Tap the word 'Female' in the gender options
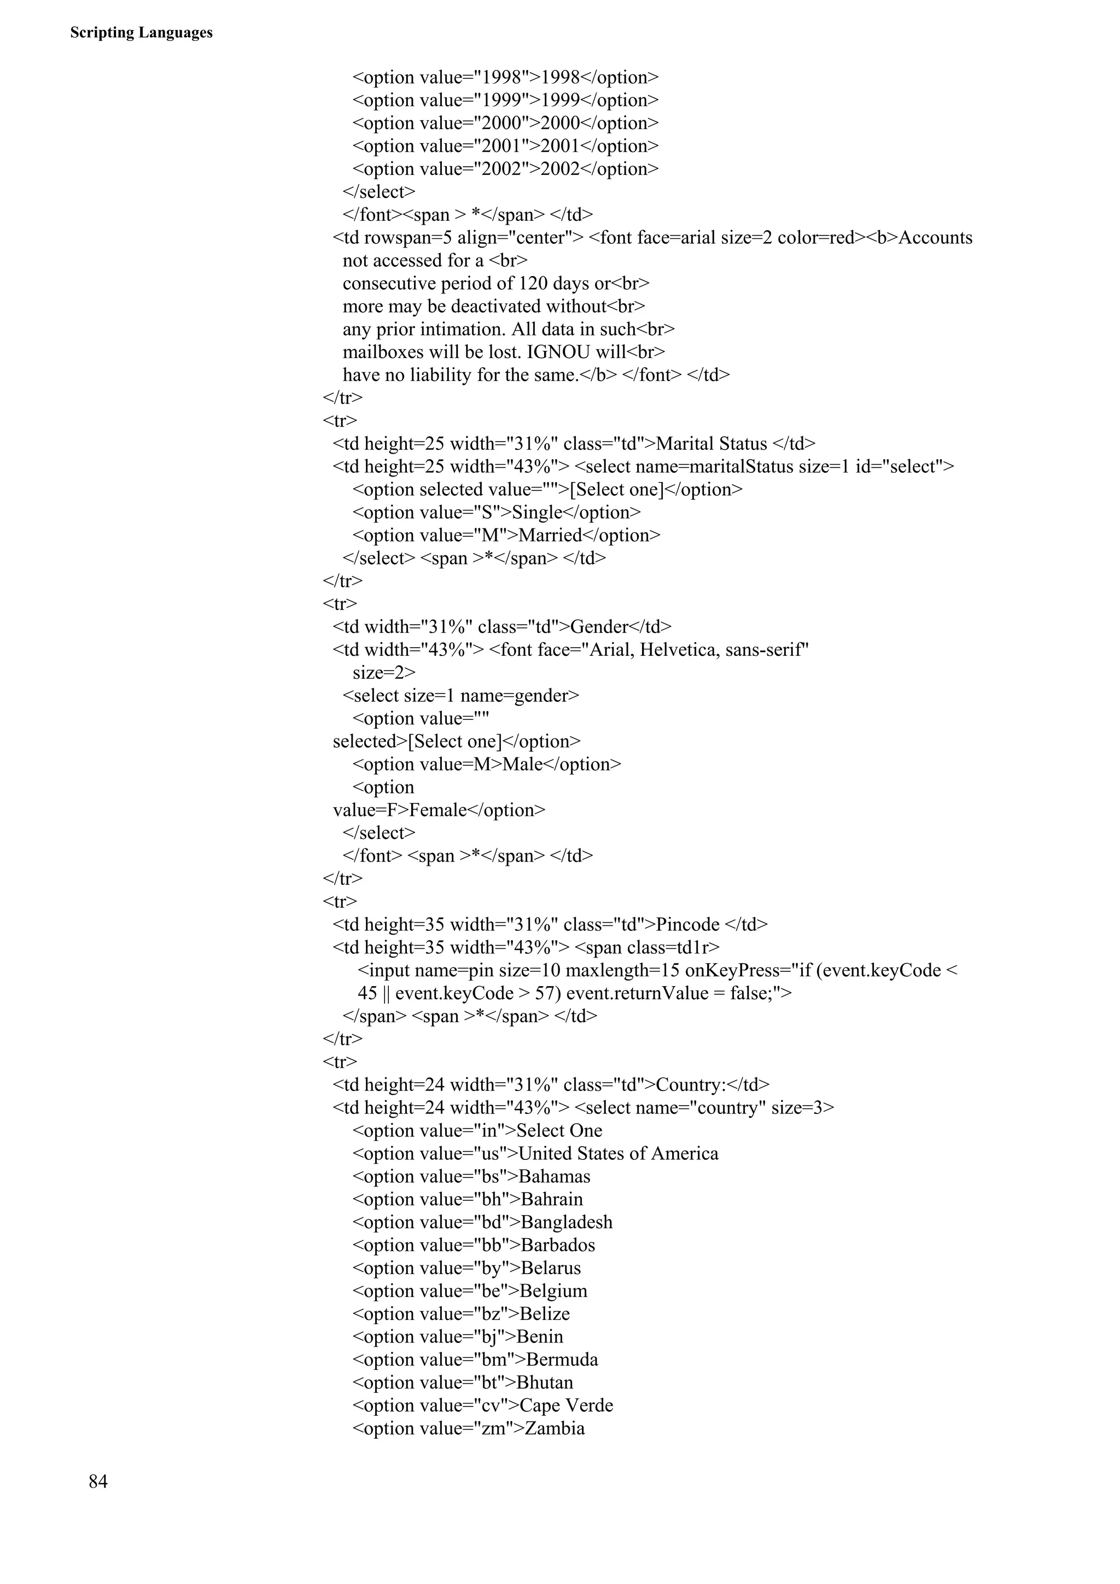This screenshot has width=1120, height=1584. point(437,810)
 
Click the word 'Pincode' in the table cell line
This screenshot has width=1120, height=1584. point(687,924)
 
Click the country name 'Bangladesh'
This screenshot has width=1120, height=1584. point(566,1222)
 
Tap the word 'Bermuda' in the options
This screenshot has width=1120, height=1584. point(562,1359)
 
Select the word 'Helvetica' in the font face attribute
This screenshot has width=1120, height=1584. point(680,650)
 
